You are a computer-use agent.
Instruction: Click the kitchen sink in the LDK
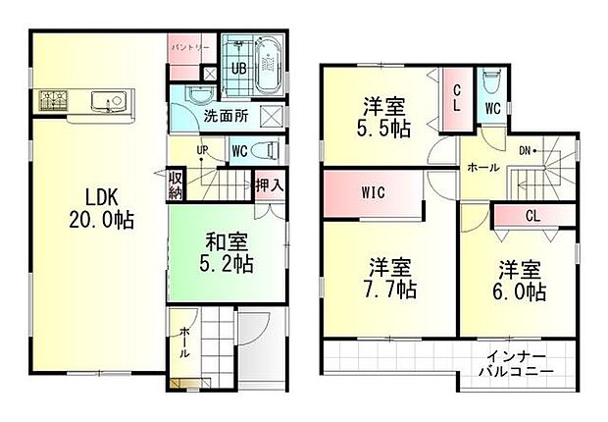(105, 100)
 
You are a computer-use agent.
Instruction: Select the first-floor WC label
(238, 152)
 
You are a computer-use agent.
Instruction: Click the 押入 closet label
(270, 184)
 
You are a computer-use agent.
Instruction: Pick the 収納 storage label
(175, 185)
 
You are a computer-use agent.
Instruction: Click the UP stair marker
(202, 150)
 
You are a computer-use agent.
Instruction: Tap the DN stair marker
(527, 150)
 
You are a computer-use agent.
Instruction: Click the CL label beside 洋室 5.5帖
(458, 98)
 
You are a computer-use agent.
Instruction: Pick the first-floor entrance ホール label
(183, 345)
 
